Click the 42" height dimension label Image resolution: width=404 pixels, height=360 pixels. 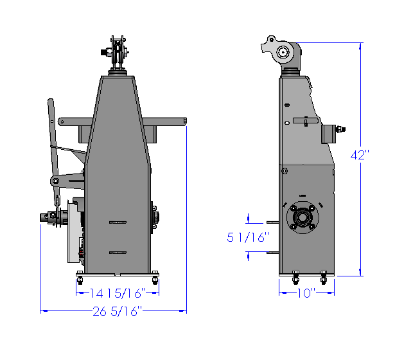click(x=360, y=155)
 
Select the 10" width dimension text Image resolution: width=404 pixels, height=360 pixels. click(x=306, y=293)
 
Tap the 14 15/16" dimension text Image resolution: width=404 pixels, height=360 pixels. click(x=118, y=293)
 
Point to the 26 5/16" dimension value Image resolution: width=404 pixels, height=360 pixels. click(x=118, y=311)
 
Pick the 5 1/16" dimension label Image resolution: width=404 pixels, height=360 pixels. click(x=248, y=237)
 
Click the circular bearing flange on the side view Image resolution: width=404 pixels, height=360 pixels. click(x=303, y=217)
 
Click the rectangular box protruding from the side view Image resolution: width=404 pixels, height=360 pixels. click(x=328, y=134)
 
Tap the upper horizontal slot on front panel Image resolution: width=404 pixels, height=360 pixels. click(x=118, y=222)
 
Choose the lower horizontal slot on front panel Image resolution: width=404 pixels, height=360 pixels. click(x=118, y=253)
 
